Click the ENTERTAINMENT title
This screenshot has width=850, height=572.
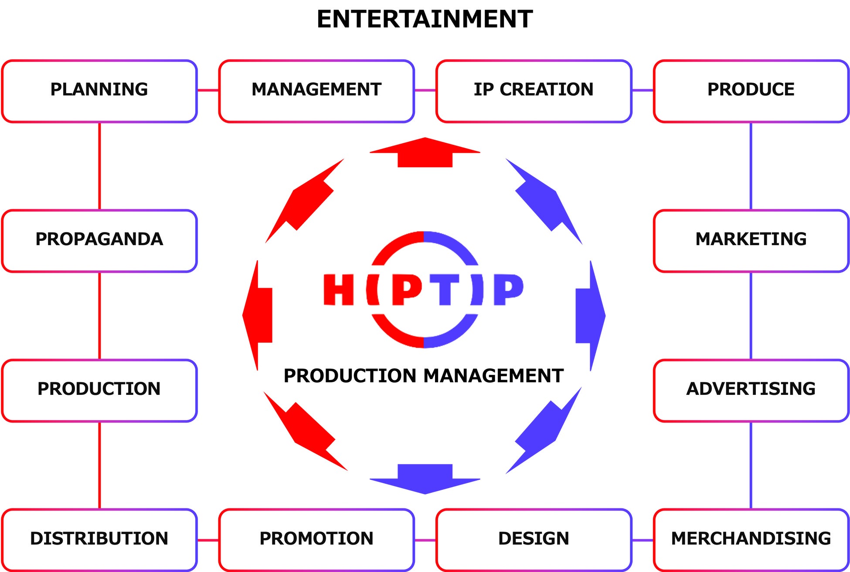[x=425, y=20]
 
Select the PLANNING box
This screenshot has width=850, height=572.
[x=99, y=91]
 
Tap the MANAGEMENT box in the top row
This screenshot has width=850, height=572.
[x=316, y=91]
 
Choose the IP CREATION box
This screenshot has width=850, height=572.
[x=534, y=91]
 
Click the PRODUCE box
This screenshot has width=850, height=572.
[x=751, y=91]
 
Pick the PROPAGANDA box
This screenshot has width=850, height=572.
[x=99, y=240]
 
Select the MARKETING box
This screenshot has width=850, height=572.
[x=751, y=240]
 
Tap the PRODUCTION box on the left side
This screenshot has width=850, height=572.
[x=99, y=390]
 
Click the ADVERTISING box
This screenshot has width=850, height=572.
[x=751, y=390]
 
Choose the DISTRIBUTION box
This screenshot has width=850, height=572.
[x=99, y=540]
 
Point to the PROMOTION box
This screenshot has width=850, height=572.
[x=316, y=540]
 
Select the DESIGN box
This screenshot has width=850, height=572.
[x=534, y=540]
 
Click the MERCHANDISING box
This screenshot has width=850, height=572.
[x=751, y=540]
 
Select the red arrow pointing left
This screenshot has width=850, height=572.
[x=259, y=316]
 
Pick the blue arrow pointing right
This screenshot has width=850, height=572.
[x=589, y=316]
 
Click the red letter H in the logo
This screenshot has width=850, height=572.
[x=338, y=289]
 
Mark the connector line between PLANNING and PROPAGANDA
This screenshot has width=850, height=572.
[x=99, y=166]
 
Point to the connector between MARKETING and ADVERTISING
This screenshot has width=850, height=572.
[x=751, y=316]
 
